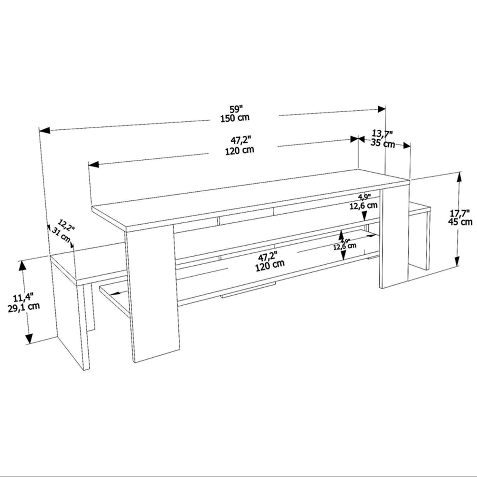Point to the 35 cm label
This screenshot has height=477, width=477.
click(383, 143)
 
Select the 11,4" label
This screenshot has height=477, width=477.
click(16, 298)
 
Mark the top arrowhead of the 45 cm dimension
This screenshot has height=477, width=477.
click(459, 176)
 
